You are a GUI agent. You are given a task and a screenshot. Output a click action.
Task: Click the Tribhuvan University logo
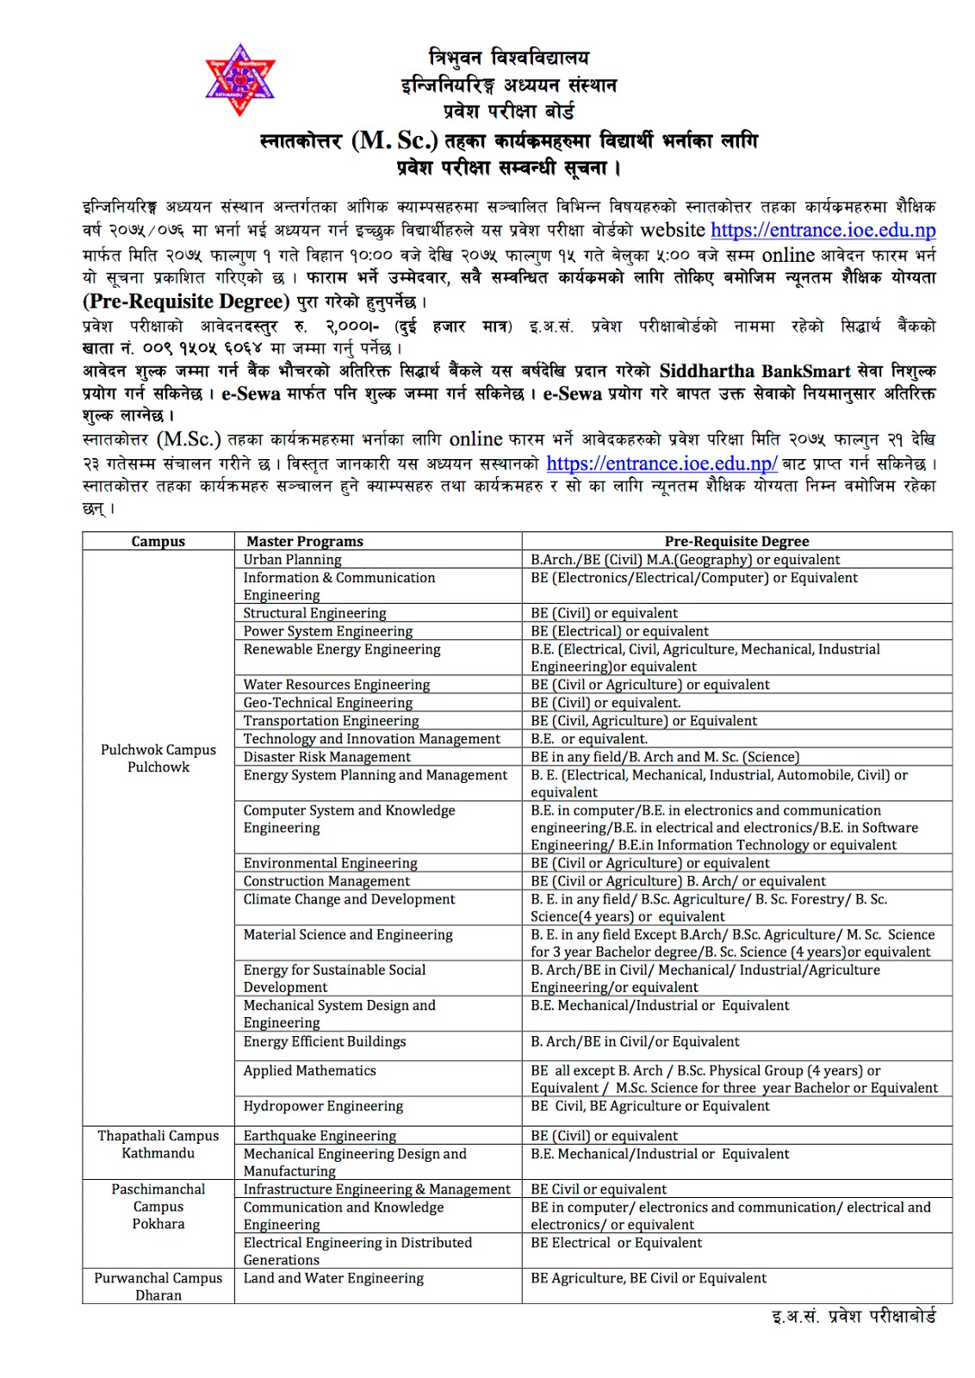pos(239,79)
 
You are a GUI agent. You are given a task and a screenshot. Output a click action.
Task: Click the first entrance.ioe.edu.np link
pos(823,230)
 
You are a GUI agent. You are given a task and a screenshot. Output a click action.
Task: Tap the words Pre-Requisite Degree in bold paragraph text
pos(186,301)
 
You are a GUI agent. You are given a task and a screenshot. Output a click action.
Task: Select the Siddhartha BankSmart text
pos(755,371)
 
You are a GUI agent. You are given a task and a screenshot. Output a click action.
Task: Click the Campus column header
pos(158,542)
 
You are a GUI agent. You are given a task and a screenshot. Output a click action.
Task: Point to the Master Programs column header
pos(305,542)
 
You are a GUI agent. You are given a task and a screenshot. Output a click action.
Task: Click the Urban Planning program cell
pos(292,560)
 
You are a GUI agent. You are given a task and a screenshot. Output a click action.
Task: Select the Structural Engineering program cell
pos(314,613)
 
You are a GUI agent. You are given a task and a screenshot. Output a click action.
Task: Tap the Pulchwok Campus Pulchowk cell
pos(158,758)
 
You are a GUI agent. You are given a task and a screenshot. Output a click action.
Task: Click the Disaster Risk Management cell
pos(326,757)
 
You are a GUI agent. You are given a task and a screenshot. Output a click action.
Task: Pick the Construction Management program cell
pos(326,881)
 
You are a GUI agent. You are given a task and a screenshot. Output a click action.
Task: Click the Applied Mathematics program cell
pos(309,1071)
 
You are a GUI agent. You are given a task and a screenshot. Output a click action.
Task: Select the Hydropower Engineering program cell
pos(323,1106)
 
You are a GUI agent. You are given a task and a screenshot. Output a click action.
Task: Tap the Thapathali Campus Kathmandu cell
pos(158,1145)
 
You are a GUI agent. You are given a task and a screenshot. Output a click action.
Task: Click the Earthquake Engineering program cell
pos(320,1136)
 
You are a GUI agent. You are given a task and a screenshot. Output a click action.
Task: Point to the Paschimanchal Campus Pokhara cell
pos(158,1207)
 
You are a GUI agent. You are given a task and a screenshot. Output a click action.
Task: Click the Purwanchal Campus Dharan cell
pos(158,1287)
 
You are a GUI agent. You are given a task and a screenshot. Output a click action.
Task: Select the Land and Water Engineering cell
pos(333,1278)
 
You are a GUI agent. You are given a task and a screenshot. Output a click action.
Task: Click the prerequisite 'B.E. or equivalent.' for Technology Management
pos(589,739)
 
